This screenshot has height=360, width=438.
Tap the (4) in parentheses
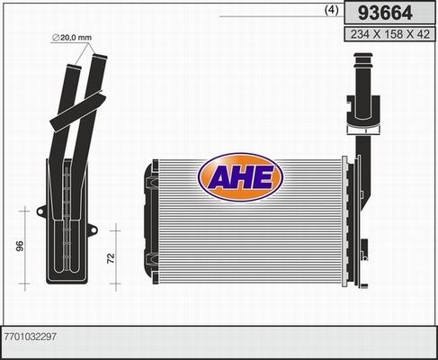(x=330, y=11)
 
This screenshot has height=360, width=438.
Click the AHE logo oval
(x=242, y=177)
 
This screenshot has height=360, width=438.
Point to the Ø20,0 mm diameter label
(x=71, y=37)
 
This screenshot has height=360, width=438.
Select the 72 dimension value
(x=111, y=259)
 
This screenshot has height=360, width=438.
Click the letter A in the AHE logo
(x=220, y=178)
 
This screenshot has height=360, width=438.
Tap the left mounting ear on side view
(x=40, y=212)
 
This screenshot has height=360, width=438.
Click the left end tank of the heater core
(x=147, y=220)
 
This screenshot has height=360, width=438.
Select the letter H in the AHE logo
(x=243, y=178)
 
